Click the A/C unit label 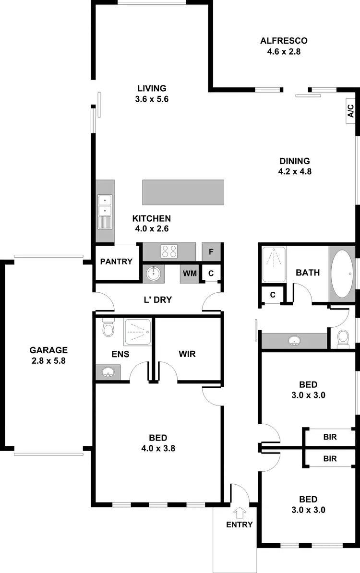coord(350,111)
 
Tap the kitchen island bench coord(183,192)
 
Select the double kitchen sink coord(105,211)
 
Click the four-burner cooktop coord(169,251)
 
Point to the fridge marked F coord(211,251)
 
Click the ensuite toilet coord(108,328)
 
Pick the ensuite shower coord(138,332)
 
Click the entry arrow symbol coord(239,512)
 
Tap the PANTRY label coord(116,262)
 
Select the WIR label coord(187,355)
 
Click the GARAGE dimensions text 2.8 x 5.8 coord(48,361)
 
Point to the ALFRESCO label coord(284,41)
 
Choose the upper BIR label coord(330,437)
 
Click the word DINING coord(295,161)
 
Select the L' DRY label coord(158,300)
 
